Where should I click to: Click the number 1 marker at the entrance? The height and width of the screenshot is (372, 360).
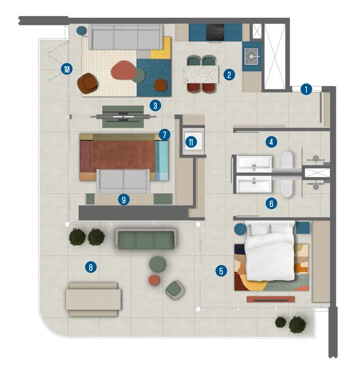pos(306,89)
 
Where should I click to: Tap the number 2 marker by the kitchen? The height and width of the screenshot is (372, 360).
pos(228,74)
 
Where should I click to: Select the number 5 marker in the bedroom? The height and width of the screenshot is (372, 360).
pos(222,271)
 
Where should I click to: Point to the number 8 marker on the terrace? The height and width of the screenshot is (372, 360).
pos(91,267)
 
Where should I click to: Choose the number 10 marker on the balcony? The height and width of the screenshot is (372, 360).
pos(67,69)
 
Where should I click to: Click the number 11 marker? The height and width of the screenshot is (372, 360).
pos(191,142)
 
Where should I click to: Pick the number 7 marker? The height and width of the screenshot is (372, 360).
pos(164,134)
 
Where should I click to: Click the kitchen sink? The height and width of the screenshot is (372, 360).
pos(252,56)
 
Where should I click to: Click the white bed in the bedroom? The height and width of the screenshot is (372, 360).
pos(270,250)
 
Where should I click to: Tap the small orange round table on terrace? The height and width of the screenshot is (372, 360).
pos(154,280)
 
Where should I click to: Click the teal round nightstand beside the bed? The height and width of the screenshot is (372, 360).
pos(240,229)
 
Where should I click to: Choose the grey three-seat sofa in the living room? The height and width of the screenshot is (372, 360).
pos(126,37)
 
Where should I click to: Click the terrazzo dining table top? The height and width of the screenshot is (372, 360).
pos(201,74)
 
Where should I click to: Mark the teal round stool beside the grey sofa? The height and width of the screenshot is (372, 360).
pos(81,30)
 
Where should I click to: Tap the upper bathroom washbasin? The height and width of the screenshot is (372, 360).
pos(254,164)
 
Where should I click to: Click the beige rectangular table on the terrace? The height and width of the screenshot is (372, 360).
pos(94,299)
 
